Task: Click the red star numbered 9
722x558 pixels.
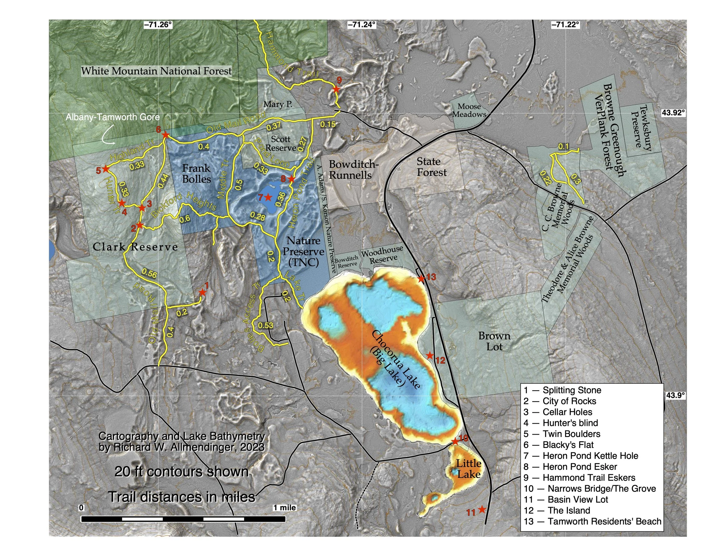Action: click(336, 89)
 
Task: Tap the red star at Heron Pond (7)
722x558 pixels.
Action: click(268, 197)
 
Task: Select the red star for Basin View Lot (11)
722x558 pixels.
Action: click(482, 509)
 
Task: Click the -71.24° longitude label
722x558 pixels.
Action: click(361, 25)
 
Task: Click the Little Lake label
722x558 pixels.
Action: click(468, 469)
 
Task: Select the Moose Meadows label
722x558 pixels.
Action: click(469, 110)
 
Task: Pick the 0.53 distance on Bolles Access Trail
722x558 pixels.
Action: click(265, 325)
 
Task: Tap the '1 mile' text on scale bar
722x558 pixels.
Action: click(285, 507)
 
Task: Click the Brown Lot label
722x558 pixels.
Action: click(494, 341)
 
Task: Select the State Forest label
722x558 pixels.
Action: click(431, 167)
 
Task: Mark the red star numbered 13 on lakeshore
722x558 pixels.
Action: click(421, 279)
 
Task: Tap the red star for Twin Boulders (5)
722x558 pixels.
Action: click(105, 169)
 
